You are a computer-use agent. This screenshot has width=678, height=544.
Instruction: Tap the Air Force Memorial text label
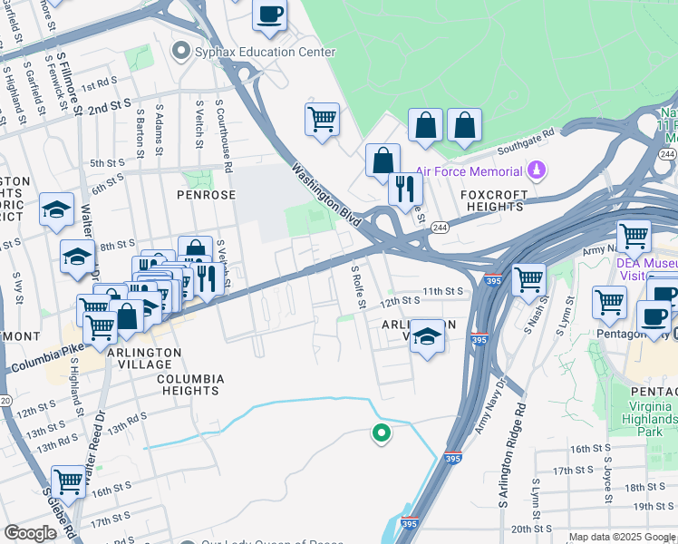[469, 171]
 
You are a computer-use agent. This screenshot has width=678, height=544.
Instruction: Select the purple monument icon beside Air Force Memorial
[538, 170]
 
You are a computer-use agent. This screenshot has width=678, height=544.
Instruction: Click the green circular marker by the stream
[382, 433]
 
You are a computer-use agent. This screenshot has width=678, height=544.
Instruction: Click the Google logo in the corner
[30, 533]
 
